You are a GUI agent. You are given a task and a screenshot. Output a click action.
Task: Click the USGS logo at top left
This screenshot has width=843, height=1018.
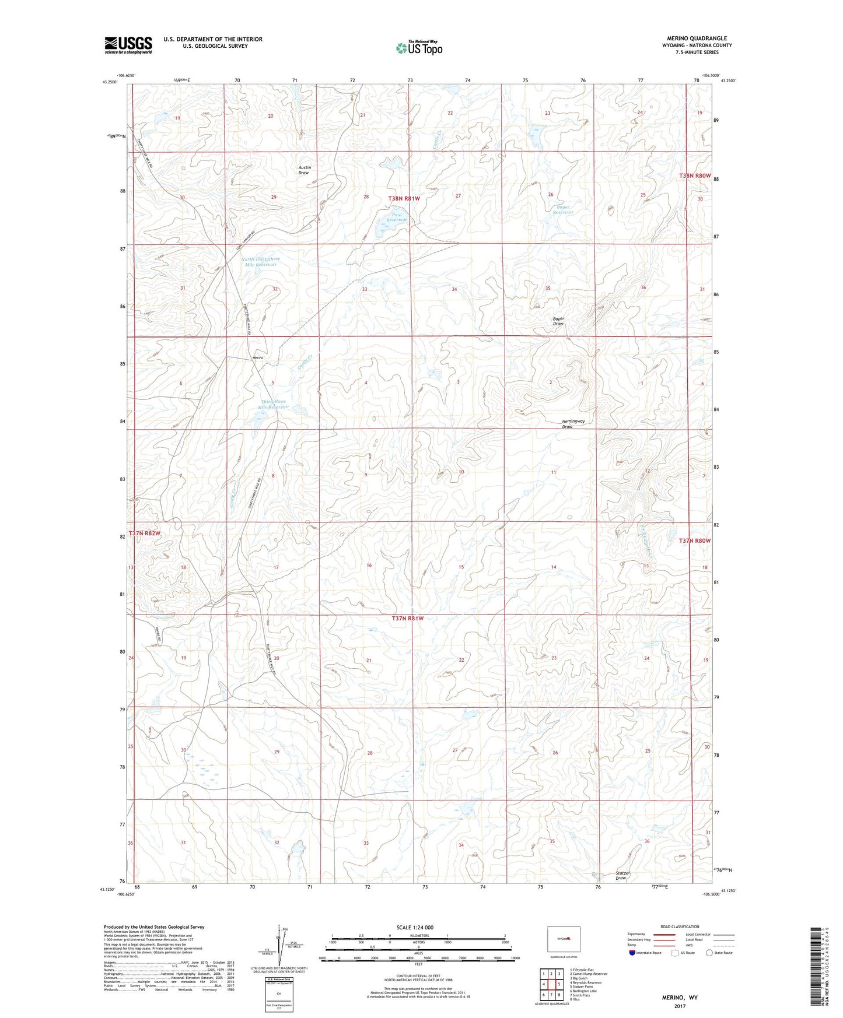(128, 44)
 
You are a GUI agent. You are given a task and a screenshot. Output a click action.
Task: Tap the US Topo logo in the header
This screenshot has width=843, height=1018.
(419, 48)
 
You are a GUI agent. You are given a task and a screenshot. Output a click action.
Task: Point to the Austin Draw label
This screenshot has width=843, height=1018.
(304, 170)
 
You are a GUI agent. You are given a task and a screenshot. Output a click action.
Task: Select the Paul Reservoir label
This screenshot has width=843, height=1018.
(392, 217)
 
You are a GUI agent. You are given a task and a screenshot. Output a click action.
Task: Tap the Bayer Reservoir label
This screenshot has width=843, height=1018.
(563, 209)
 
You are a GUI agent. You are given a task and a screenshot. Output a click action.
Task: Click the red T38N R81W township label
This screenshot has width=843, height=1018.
(404, 198)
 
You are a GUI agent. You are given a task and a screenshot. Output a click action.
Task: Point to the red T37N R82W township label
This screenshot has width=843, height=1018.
(144, 533)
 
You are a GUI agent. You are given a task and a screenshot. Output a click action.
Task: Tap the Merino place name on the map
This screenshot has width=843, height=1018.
(258, 357)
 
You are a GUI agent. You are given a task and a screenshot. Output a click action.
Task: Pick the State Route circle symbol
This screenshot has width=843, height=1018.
(709, 953)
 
